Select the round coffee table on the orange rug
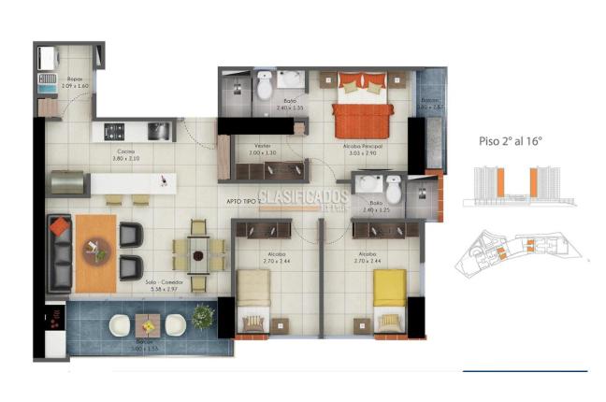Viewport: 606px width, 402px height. click(94, 249)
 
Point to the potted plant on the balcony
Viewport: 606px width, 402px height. click(202, 317)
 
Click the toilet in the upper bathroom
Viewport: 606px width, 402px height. click(264, 87)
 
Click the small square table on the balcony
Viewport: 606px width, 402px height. click(147, 325)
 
